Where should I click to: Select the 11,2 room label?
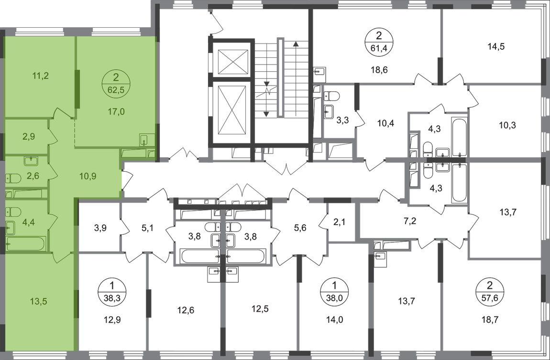pos(40,76)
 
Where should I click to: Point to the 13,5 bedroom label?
pos(39,302)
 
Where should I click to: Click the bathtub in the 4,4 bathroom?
pos(26,244)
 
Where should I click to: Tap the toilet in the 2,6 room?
pos(12,178)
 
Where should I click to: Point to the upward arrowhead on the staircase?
pos(296,44)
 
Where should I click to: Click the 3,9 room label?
pos(100,228)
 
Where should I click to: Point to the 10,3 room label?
pos(507,125)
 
